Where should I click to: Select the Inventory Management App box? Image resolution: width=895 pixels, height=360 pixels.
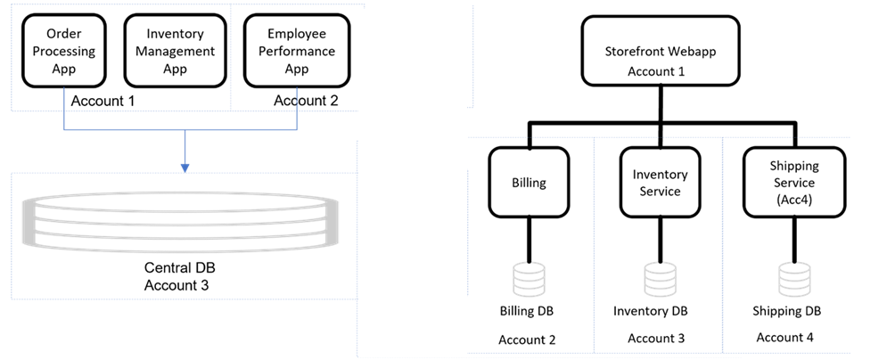click(175, 50)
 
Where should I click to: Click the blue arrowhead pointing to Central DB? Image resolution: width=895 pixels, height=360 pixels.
click(185, 166)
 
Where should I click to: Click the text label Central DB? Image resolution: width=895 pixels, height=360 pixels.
click(180, 267)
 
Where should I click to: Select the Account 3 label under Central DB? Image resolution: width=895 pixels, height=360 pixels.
click(180, 285)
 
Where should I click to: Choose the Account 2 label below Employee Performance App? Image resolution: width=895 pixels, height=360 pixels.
click(306, 101)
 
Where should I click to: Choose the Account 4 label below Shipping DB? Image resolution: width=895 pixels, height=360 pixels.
click(784, 338)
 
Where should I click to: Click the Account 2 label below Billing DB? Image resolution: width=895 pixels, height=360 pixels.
click(527, 340)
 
